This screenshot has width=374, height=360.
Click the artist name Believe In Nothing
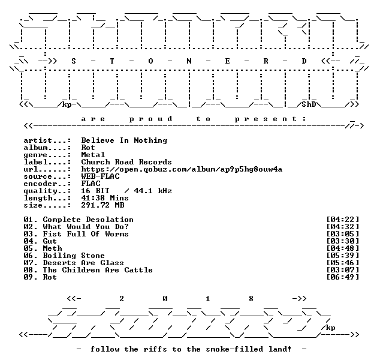(124, 140)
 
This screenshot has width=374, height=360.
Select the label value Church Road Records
(126, 162)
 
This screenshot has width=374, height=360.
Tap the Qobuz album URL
(182, 169)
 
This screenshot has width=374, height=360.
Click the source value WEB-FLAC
(101, 176)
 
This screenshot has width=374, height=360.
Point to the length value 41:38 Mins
(105, 198)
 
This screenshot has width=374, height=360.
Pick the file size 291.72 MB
(103, 205)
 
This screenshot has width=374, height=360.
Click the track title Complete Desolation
(88, 220)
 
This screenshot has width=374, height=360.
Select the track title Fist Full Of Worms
(86, 234)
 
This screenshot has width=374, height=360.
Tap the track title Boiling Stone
(74, 256)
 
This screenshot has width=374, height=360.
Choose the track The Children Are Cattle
(98, 270)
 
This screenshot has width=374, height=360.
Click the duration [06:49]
(343, 277)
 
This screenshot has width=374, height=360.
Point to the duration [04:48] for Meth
(343, 248)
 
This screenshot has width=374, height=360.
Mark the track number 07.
(28, 263)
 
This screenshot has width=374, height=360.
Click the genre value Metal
(93, 155)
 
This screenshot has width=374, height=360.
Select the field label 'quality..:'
(47, 191)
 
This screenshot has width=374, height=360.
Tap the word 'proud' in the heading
(151, 119)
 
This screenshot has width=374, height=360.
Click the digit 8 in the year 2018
(251, 299)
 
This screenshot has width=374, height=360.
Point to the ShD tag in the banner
(309, 104)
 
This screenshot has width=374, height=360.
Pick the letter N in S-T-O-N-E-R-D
(189, 61)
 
